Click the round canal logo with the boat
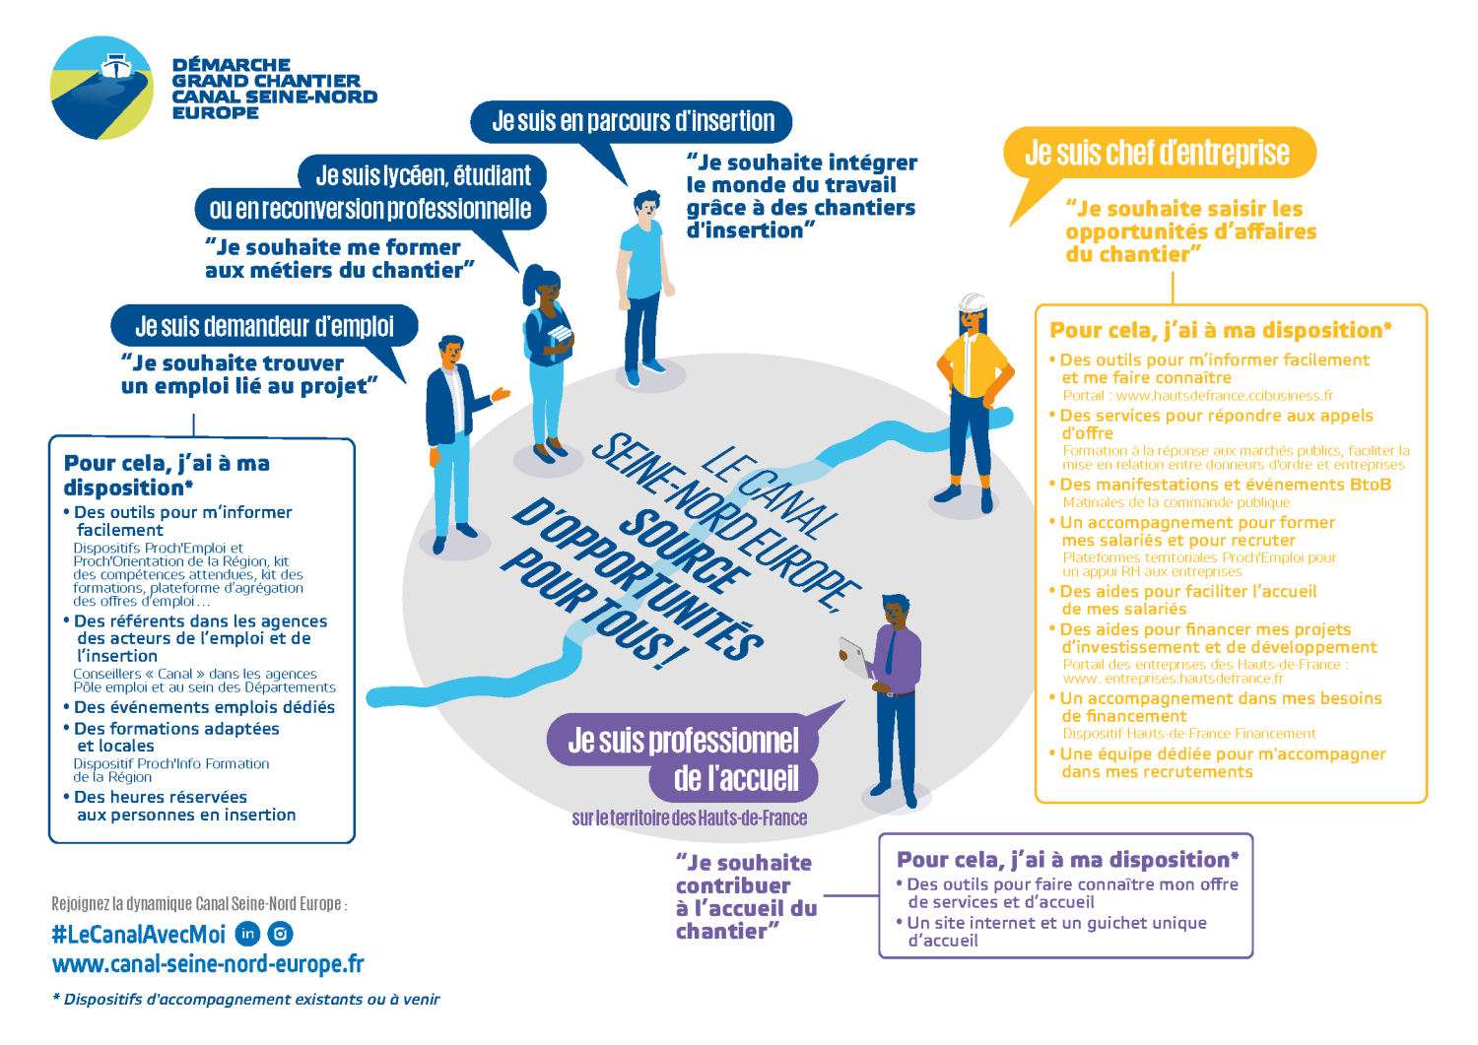101,89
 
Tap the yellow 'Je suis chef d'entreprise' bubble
1158,153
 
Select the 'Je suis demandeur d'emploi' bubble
264,326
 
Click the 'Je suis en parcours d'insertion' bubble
633,121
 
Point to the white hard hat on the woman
973,301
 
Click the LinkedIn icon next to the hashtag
248,934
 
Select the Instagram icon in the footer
281,934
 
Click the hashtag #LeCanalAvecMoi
139,934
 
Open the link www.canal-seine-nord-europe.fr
208,964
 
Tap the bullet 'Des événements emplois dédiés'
204,707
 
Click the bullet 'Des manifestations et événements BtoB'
1225,485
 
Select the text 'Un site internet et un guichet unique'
1056,923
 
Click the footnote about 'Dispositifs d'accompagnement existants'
246,1000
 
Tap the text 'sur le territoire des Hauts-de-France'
689,818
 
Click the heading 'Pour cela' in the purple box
1067,860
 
